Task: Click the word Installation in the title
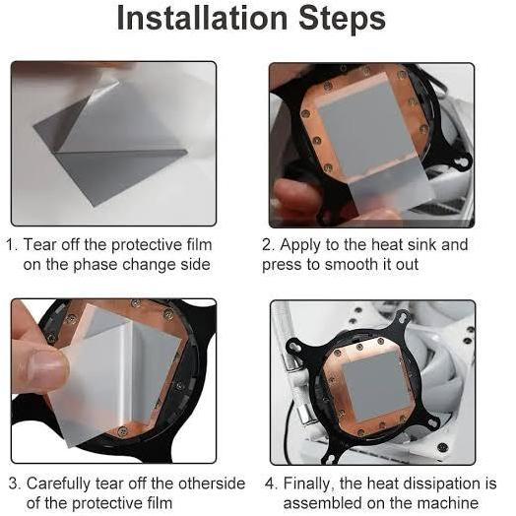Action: coord(203,19)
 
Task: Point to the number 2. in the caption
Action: coord(269,245)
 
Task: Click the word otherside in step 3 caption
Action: coord(212,484)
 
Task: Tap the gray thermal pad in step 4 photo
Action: coord(376,386)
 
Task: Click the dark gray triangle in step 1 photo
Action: coord(56,127)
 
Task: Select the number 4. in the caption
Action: coord(272,484)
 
